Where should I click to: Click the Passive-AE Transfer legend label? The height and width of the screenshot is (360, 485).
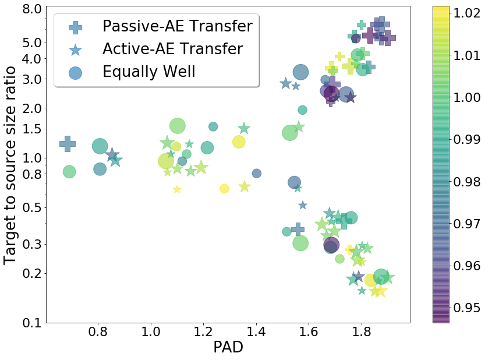pos(178,26)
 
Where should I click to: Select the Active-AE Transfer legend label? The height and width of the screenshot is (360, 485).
pos(172,49)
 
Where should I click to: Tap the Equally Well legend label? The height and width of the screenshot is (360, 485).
pos(149,72)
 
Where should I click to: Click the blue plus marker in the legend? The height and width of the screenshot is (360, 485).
pos(76,27)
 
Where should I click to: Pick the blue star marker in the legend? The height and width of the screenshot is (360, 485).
pos(76,50)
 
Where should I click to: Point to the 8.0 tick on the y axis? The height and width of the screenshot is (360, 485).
pos(32,9)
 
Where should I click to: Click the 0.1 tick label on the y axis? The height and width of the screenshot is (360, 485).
pos(32,323)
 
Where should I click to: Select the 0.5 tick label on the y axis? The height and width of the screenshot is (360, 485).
pos(32,207)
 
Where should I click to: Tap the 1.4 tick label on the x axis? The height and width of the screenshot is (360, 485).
pos(256,332)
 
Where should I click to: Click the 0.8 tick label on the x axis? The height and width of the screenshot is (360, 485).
pos(98,332)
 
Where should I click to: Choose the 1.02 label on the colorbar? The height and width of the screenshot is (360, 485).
pos(467,13)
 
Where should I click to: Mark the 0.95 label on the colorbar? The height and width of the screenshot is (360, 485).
pos(467,308)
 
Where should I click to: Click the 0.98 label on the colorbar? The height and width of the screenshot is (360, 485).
pos(467,182)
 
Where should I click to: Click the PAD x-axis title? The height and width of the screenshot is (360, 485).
pos(228,347)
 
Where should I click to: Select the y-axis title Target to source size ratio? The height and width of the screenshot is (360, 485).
pos(9,165)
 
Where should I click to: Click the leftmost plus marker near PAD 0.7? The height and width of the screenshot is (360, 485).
pos(68,144)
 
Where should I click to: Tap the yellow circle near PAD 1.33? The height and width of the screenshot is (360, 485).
pos(239,142)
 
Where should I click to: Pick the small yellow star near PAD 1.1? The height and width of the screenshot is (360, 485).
pos(177,189)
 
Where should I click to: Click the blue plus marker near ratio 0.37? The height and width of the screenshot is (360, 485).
pos(298,230)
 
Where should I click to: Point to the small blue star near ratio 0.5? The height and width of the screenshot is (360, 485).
pos(303,205)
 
